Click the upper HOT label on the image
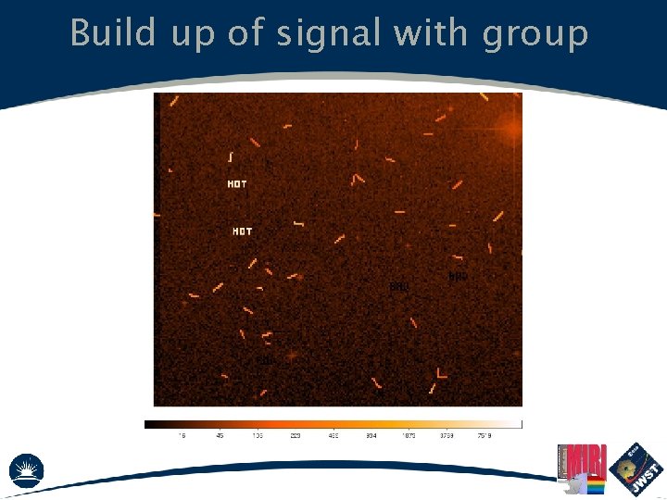[x=237, y=184]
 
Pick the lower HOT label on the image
[x=242, y=231]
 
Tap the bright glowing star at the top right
[x=511, y=130]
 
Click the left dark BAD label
[x=399, y=287]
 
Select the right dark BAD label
[x=458, y=276]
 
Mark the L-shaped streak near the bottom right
[x=442, y=373]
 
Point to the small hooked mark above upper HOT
[x=230, y=156]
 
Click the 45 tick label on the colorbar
[x=220, y=435]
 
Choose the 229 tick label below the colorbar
[x=296, y=435]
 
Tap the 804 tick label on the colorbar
[x=371, y=435]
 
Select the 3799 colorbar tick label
[x=447, y=435]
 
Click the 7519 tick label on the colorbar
[x=485, y=435]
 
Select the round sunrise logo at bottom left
[x=26, y=469]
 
